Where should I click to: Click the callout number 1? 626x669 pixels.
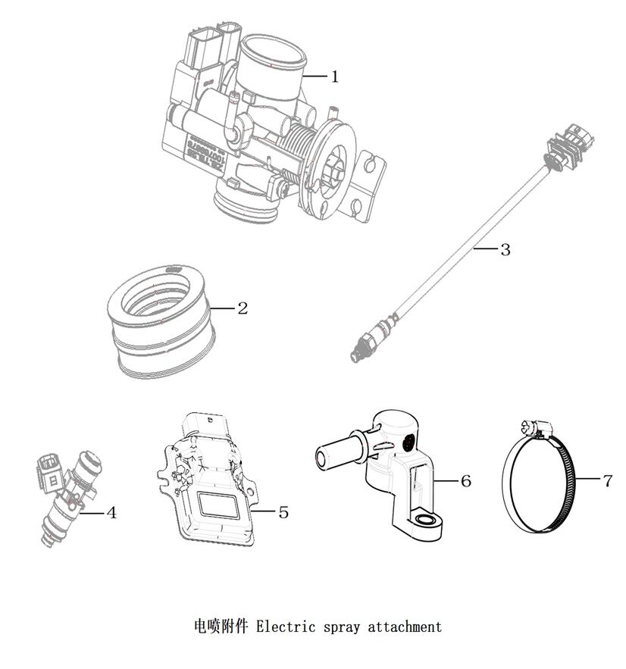[334, 77]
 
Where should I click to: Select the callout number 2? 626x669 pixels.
[242, 308]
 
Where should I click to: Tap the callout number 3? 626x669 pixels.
[505, 249]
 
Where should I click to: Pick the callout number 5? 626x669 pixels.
[283, 513]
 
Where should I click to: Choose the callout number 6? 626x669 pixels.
[465, 481]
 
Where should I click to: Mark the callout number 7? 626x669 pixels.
[607, 481]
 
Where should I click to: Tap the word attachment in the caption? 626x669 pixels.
[404, 627]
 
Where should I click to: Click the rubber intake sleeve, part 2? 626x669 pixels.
[161, 318]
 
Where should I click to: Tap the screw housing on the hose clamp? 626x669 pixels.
[536, 430]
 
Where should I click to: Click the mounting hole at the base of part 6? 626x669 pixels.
[428, 520]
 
